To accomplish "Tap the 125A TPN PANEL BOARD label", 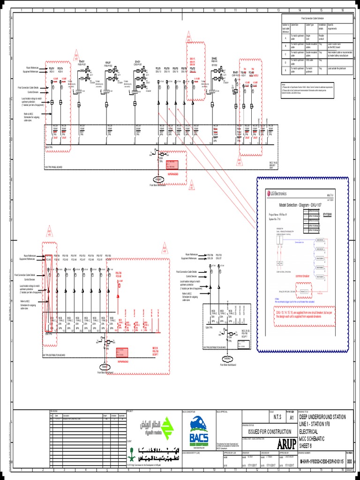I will (x=53, y=166).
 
